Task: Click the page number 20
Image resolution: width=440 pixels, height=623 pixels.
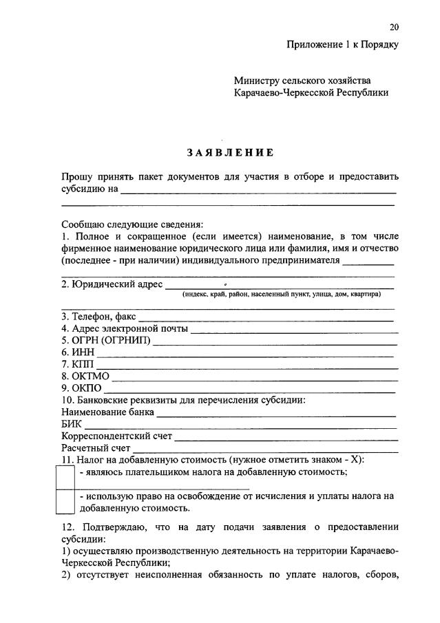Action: point(393,28)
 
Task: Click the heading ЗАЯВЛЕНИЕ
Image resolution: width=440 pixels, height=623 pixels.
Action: point(229,152)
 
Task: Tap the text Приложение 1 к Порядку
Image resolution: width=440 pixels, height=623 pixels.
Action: point(343,45)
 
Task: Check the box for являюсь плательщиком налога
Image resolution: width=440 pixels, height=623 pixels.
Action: point(65,476)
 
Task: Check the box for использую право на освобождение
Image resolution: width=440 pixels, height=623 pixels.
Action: point(65,502)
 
